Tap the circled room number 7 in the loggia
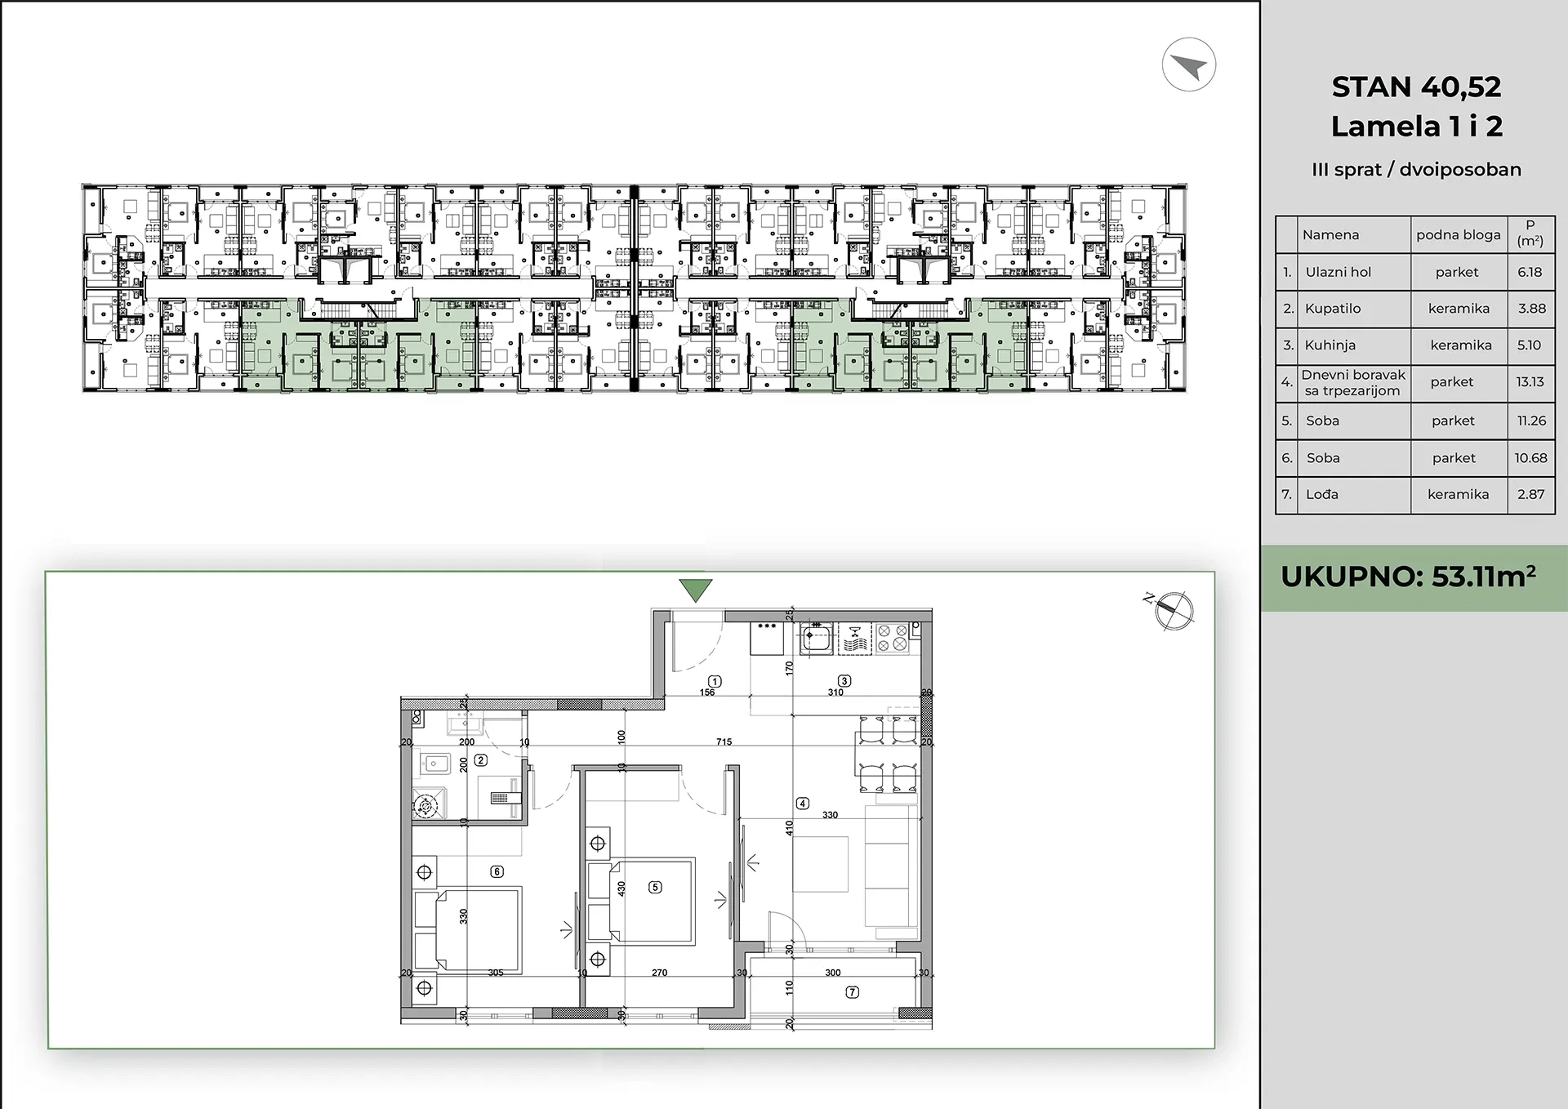(x=853, y=992)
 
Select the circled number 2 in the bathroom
(x=481, y=760)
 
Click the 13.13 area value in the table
(x=1530, y=381)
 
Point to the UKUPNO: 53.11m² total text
(x=1409, y=577)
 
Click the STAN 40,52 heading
(x=1416, y=87)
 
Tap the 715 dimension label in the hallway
(x=724, y=742)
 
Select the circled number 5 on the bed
(x=655, y=887)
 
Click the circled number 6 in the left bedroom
(x=497, y=871)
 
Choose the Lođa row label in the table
(x=1322, y=494)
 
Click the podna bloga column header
(x=1459, y=235)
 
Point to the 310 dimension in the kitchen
(x=835, y=693)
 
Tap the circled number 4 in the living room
(x=803, y=804)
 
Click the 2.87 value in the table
(x=1530, y=494)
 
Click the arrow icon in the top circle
(x=1188, y=65)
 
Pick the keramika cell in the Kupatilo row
(x=1459, y=309)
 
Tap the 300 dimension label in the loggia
(x=832, y=973)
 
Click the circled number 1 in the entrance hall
(x=715, y=681)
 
